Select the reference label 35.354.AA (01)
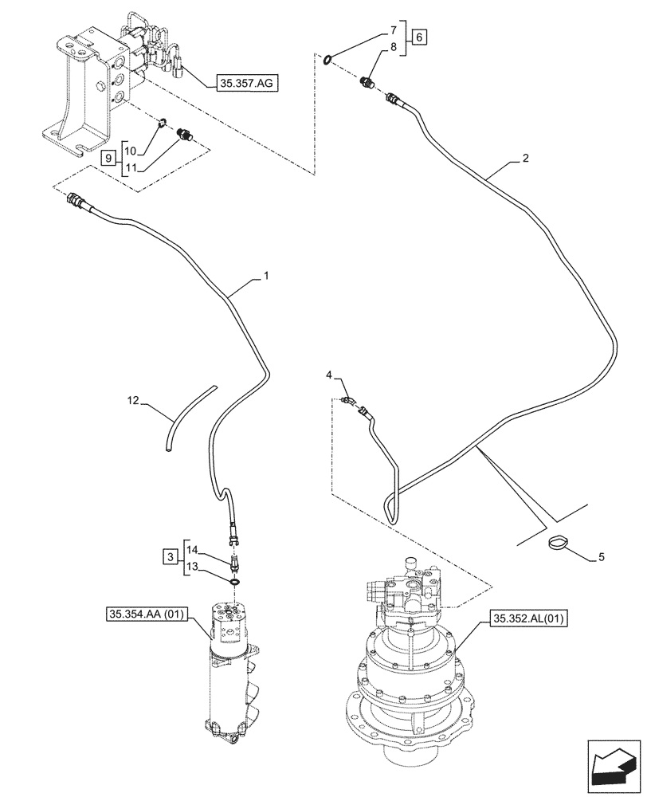click(x=152, y=614)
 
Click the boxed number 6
click(x=420, y=37)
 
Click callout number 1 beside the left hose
click(x=266, y=276)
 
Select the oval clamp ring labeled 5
click(x=558, y=544)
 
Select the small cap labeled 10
click(x=161, y=122)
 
